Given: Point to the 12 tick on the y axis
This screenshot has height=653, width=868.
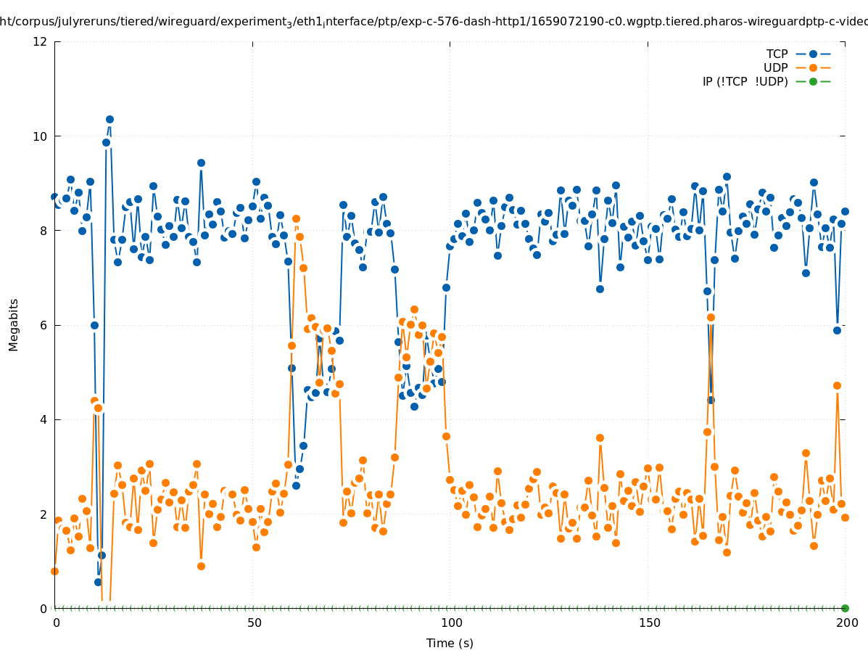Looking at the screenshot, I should [40, 41].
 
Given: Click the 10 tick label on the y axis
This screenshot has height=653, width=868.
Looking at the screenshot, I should [40, 136].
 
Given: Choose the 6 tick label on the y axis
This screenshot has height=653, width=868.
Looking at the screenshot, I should [43, 325].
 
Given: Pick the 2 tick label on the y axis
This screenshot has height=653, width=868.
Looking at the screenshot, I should [43, 514].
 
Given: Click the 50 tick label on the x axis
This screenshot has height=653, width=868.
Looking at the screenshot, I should [254, 623].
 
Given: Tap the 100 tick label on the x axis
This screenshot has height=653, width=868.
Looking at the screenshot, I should [451, 623].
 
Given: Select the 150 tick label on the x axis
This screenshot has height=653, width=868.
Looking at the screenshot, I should [649, 623].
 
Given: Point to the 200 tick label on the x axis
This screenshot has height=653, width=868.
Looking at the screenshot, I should [846, 623].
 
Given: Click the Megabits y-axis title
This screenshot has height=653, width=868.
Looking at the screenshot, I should [14, 324].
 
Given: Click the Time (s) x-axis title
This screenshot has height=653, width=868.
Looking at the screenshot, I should [450, 643].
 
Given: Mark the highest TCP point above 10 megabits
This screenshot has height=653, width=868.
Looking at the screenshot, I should [109, 119].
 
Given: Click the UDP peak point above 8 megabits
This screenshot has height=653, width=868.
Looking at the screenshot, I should [296, 218].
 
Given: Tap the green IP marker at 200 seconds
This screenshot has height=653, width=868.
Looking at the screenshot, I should [845, 608].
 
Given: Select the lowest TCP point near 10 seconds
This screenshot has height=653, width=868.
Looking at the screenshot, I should [98, 582].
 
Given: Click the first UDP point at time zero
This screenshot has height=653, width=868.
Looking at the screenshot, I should [54, 571].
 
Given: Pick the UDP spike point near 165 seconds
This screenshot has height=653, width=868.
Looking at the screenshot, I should [711, 317].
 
